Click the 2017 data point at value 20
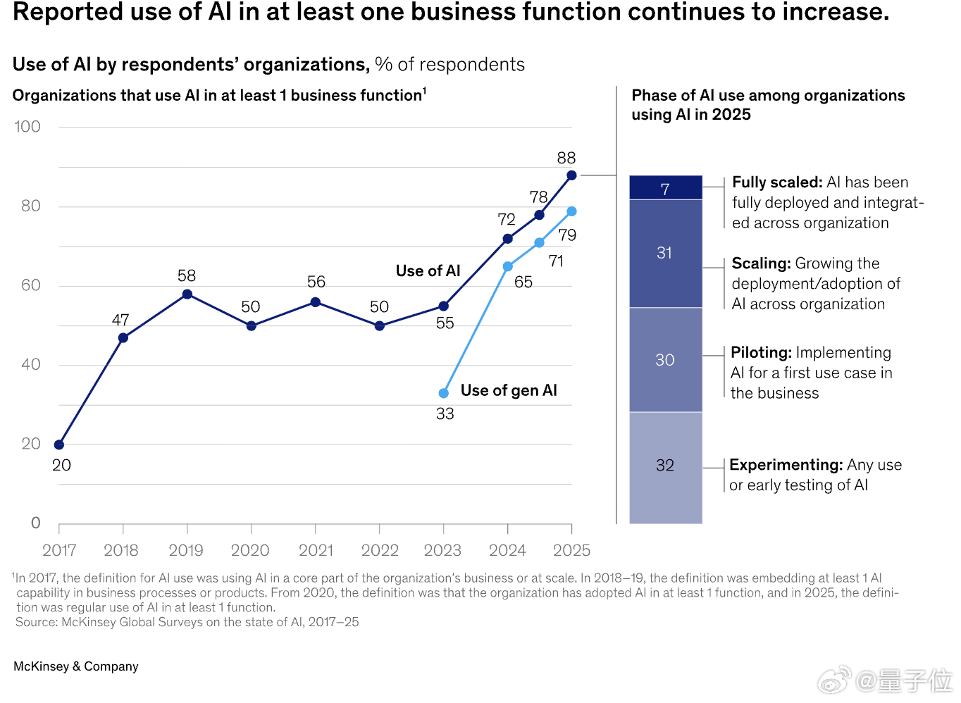pyautogui.click(x=59, y=444)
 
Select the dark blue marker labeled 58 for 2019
pyautogui.click(x=187, y=294)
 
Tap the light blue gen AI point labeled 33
pyautogui.click(x=444, y=393)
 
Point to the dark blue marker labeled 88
pyautogui.click(x=571, y=175)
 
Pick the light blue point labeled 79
pyautogui.click(x=571, y=211)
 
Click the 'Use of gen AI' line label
pyautogui.click(x=509, y=390)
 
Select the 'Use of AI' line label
pyautogui.click(x=428, y=271)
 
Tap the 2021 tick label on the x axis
pyautogui.click(x=316, y=550)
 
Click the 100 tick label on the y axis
pyautogui.click(x=27, y=127)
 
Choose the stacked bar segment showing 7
pyautogui.click(x=665, y=188)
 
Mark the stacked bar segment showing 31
pyautogui.click(x=665, y=253)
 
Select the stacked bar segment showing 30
pyautogui.click(x=665, y=360)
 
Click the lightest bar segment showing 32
pyautogui.click(x=665, y=466)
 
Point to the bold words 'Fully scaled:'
pyautogui.click(x=777, y=182)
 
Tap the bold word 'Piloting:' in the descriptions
pyautogui.click(x=761, y=353)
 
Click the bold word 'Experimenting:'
pyautogui.click(x=786, y=465)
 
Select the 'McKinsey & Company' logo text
pyautogui.click(x=76, y=666)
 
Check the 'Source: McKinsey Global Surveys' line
pyautogui.click(x=187, y=622)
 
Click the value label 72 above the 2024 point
pyautogui.click(x=507, y=220)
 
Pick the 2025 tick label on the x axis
pyautogui.click(x=571, y=550)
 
